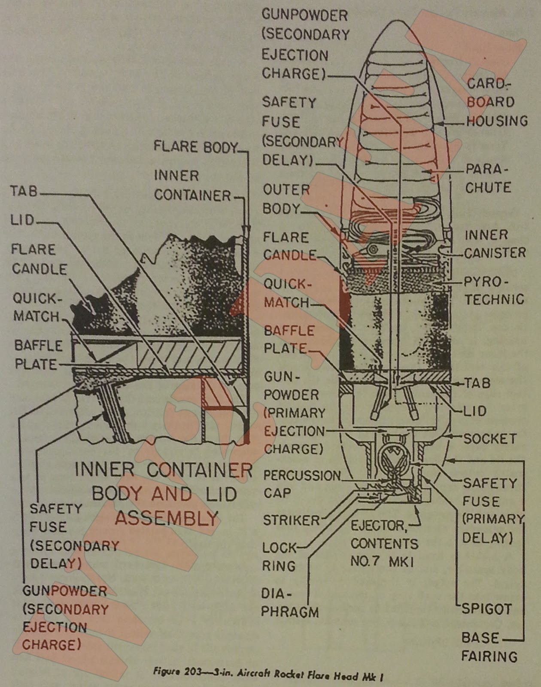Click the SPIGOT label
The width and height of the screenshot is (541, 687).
[486, 609]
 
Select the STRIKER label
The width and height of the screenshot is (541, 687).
[291, 520]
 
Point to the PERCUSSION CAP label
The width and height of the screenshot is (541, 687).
[301, 484]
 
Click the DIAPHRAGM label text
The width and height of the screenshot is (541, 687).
[290, 603]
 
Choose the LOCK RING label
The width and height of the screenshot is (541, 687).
[279, 557]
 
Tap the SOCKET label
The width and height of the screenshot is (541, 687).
[489, 439]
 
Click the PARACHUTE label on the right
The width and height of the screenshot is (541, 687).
[488, 179]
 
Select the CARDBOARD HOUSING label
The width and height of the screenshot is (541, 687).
[496, 102]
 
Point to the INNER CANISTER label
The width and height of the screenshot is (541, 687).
[495, 244]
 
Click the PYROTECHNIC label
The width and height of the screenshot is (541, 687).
[494, 291]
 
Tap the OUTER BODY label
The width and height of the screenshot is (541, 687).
[286, 199]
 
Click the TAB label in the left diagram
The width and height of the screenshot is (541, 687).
[24, 191]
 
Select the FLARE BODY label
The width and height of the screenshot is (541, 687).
[195, 147]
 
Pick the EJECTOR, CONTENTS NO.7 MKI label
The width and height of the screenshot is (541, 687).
[383, 544]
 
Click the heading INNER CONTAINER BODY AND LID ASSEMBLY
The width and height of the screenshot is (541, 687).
[164, 494]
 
